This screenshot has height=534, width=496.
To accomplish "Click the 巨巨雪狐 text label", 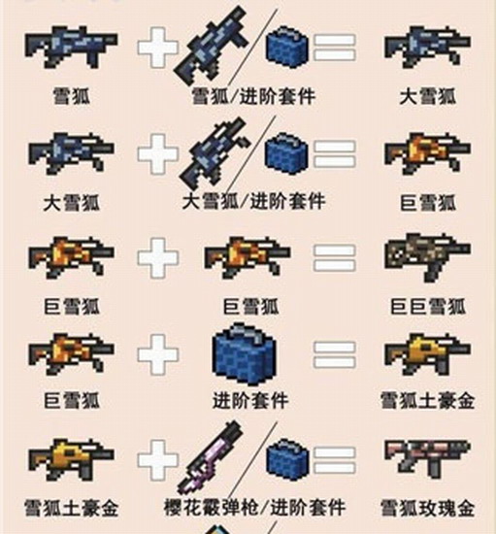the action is pos(428,307).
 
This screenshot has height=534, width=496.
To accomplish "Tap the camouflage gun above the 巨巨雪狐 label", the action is pos(428,256).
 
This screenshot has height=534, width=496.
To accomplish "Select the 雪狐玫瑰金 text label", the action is pos(427,508).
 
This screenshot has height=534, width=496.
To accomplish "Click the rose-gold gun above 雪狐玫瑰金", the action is pos(428,458).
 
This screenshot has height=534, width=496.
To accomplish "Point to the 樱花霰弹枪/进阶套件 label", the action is pos(254,508).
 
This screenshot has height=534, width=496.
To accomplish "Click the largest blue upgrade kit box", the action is pos(244,354).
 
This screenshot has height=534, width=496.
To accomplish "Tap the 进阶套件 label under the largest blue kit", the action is pos(250,400).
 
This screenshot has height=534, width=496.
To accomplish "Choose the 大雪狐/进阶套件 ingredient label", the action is pos(254,201).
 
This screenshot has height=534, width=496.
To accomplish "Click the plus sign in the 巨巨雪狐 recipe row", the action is pos(158,257).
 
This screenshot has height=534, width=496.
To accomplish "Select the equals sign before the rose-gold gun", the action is pos(334,460).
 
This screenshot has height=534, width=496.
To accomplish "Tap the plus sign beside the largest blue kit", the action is pos(158,353).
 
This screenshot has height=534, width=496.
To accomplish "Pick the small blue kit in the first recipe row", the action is pos(286,47).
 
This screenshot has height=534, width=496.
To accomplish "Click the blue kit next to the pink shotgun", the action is pos(288,459).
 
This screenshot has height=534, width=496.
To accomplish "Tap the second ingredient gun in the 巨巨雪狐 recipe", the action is pos(248,257).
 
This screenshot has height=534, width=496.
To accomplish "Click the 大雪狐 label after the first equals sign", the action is pos(428,97).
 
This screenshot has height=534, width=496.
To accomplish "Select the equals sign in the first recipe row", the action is pos(334,48).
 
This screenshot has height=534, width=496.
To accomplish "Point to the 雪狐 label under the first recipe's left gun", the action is pos(72,96).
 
